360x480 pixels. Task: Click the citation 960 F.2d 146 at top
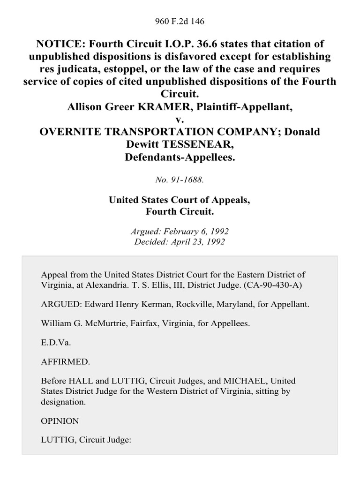point(180,22)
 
